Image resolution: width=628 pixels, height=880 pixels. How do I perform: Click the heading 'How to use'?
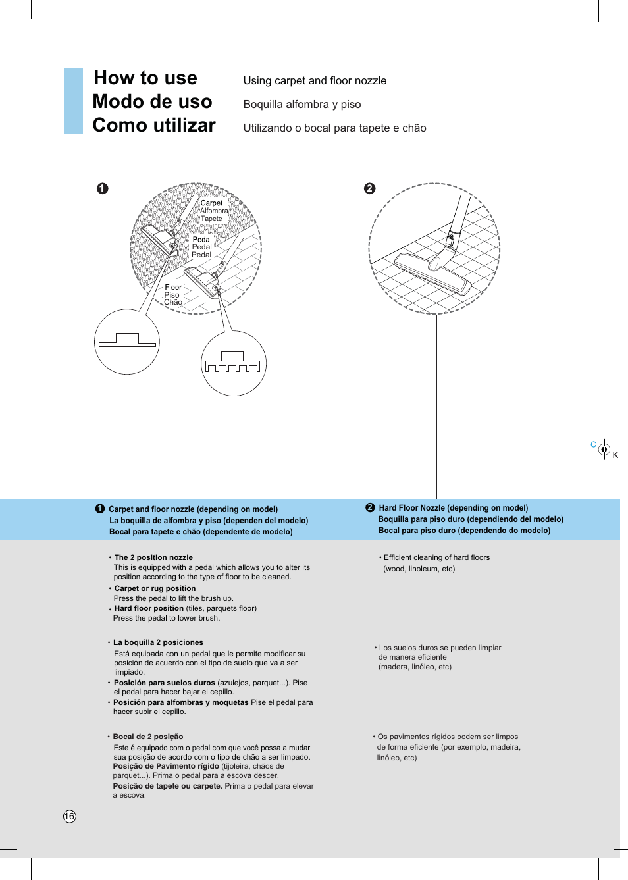pos(145,78)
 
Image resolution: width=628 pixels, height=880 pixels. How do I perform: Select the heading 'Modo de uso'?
pos(152,101)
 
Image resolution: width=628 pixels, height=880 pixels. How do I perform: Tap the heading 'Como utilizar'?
pos(154,125)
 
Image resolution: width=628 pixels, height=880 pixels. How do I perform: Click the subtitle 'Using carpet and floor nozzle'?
pos(315,80)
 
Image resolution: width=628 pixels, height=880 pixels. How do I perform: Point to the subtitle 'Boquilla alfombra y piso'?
pos(302,104)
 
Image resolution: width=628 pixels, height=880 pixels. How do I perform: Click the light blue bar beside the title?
pos(73,101)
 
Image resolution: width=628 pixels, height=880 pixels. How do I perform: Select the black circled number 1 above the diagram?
pos(102,188)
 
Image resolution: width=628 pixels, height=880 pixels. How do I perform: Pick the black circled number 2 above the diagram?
pos(370,188)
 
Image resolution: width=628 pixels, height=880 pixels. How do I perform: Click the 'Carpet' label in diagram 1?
pos(211,203)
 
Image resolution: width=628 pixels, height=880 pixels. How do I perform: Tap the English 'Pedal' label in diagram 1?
pos(202,240)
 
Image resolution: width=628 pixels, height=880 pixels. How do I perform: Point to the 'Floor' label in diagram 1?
pos(173,287)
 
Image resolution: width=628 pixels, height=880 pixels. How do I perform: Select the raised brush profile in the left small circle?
pos(127,340)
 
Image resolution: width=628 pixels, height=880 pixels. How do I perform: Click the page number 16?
pos(70,816)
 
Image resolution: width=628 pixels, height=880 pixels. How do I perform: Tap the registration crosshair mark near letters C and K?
pos(604,450)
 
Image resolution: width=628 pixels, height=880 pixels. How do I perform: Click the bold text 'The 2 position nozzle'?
pos(153,557)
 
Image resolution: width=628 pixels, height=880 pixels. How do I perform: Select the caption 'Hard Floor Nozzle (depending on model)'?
pos(453,508)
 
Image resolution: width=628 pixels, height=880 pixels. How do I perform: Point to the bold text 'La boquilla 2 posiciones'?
pos(158,642)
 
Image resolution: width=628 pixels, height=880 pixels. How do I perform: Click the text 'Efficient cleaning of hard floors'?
pos(436,557)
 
